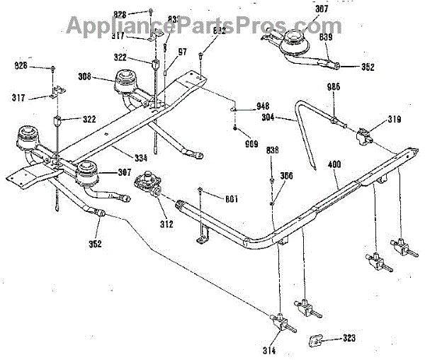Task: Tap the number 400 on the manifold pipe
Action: [x=335, y=165]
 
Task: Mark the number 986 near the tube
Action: [x=334, y=86]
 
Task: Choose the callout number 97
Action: [x=183, y=52]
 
